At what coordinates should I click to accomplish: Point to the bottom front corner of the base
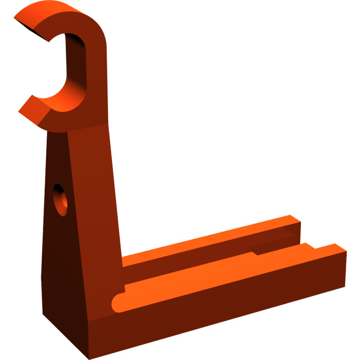tap(91, 343)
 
